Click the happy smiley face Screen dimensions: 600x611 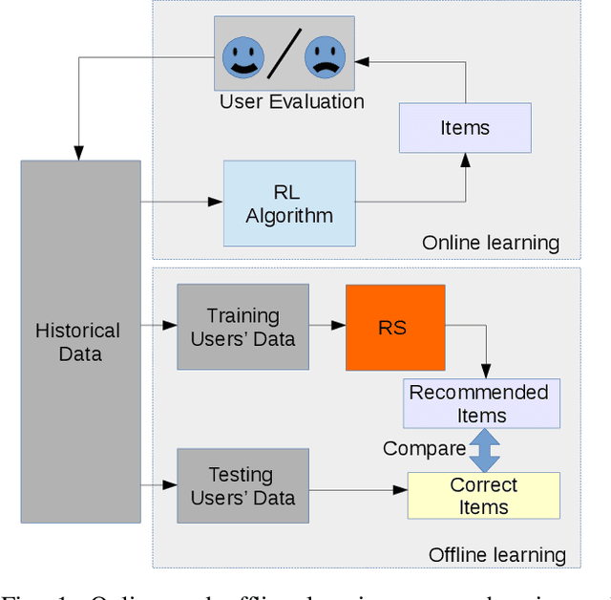coord(242,57)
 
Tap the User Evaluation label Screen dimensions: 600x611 coord(291,101)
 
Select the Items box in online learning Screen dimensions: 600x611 coord(465,128)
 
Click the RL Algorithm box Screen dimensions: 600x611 coord(289,204)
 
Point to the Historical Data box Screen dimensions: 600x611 coord(80,342)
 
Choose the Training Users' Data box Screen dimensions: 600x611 coord(242,327)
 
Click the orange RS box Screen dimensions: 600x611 coord(394,327)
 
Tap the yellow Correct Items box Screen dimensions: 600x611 coord(483,496)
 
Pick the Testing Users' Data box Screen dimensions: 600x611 coord(242,486)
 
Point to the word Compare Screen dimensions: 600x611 coord(424,448)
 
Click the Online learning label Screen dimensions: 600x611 coord(491,243)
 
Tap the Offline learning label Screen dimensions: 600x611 coord(496,554)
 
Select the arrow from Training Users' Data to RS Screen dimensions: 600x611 coord(327,326)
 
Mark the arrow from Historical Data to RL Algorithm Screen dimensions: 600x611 coord(181,201)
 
